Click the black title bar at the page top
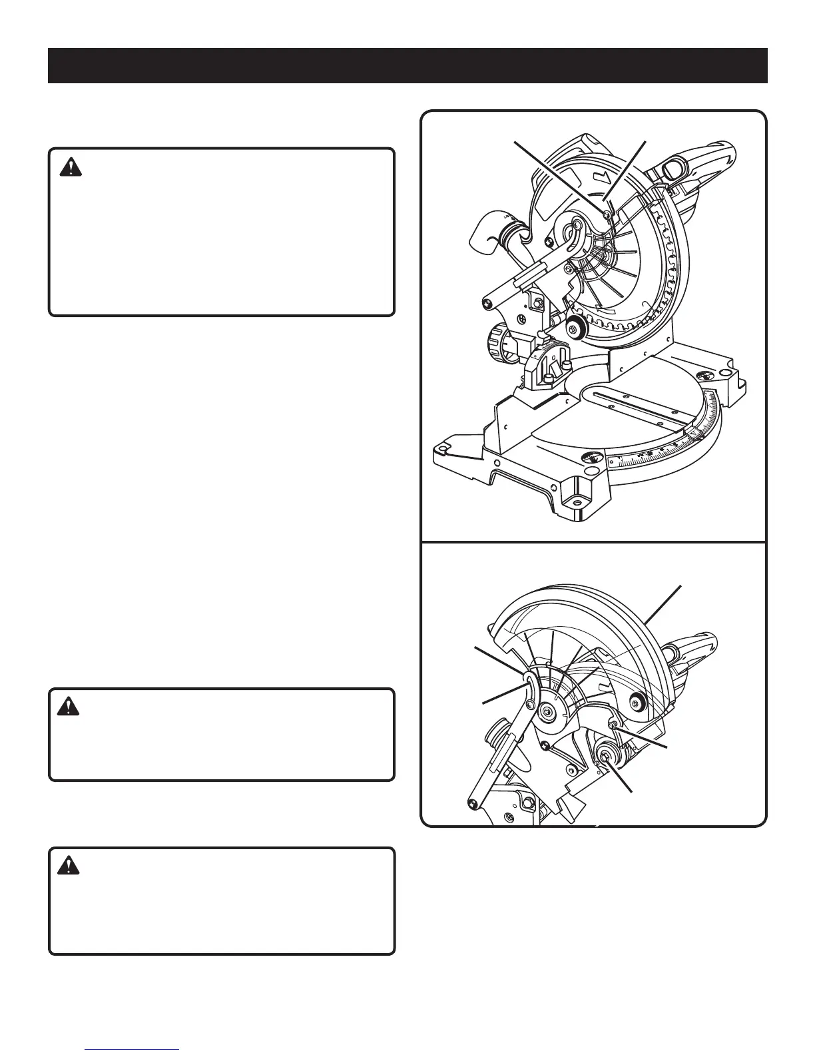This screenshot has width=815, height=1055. tap(407, 65)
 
